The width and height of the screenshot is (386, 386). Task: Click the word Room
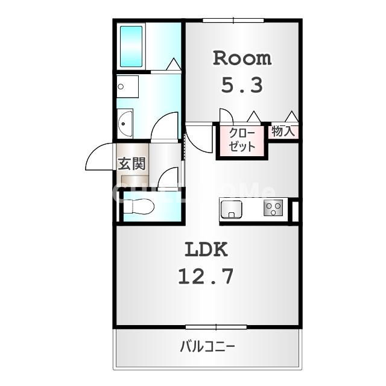[242, 59]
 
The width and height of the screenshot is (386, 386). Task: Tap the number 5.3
[242, 85]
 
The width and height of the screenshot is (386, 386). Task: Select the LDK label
[205, 248]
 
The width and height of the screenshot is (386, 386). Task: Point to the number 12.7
[205, 276]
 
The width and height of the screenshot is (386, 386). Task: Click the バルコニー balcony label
[207, 347]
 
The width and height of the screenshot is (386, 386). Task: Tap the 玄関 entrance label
[130, 163]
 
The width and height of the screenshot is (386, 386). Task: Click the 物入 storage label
[283, 131]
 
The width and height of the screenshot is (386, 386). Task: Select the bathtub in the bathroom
[131, 46]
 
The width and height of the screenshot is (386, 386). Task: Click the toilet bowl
[140, 207]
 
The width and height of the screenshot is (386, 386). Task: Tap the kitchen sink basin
[232, 209]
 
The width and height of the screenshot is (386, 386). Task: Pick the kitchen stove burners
[273, 209]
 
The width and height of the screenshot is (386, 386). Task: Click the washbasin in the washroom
[125, 124]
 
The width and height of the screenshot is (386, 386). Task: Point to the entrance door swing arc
[98, 158]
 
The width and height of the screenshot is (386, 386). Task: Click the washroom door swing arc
[164, 125]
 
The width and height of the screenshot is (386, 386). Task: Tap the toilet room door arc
[168, 178]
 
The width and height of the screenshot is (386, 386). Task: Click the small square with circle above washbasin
[127, 87]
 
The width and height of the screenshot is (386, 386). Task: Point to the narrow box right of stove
[295, 210]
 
